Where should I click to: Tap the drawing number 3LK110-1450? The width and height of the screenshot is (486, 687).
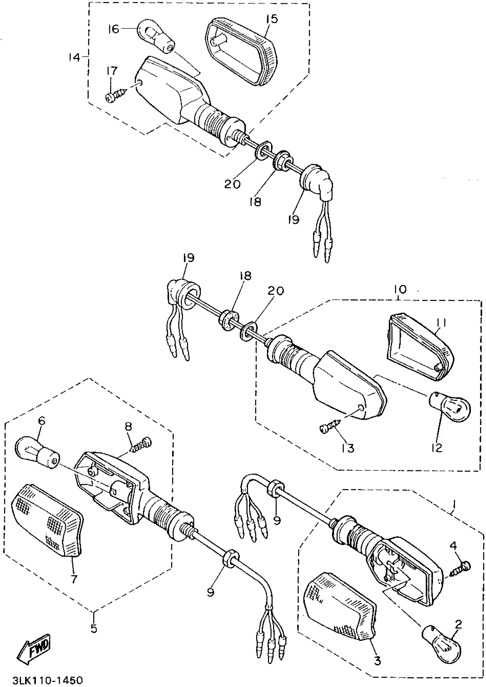click(x=47, y=680)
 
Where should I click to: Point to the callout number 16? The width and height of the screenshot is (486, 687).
click(x=114, y=29)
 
